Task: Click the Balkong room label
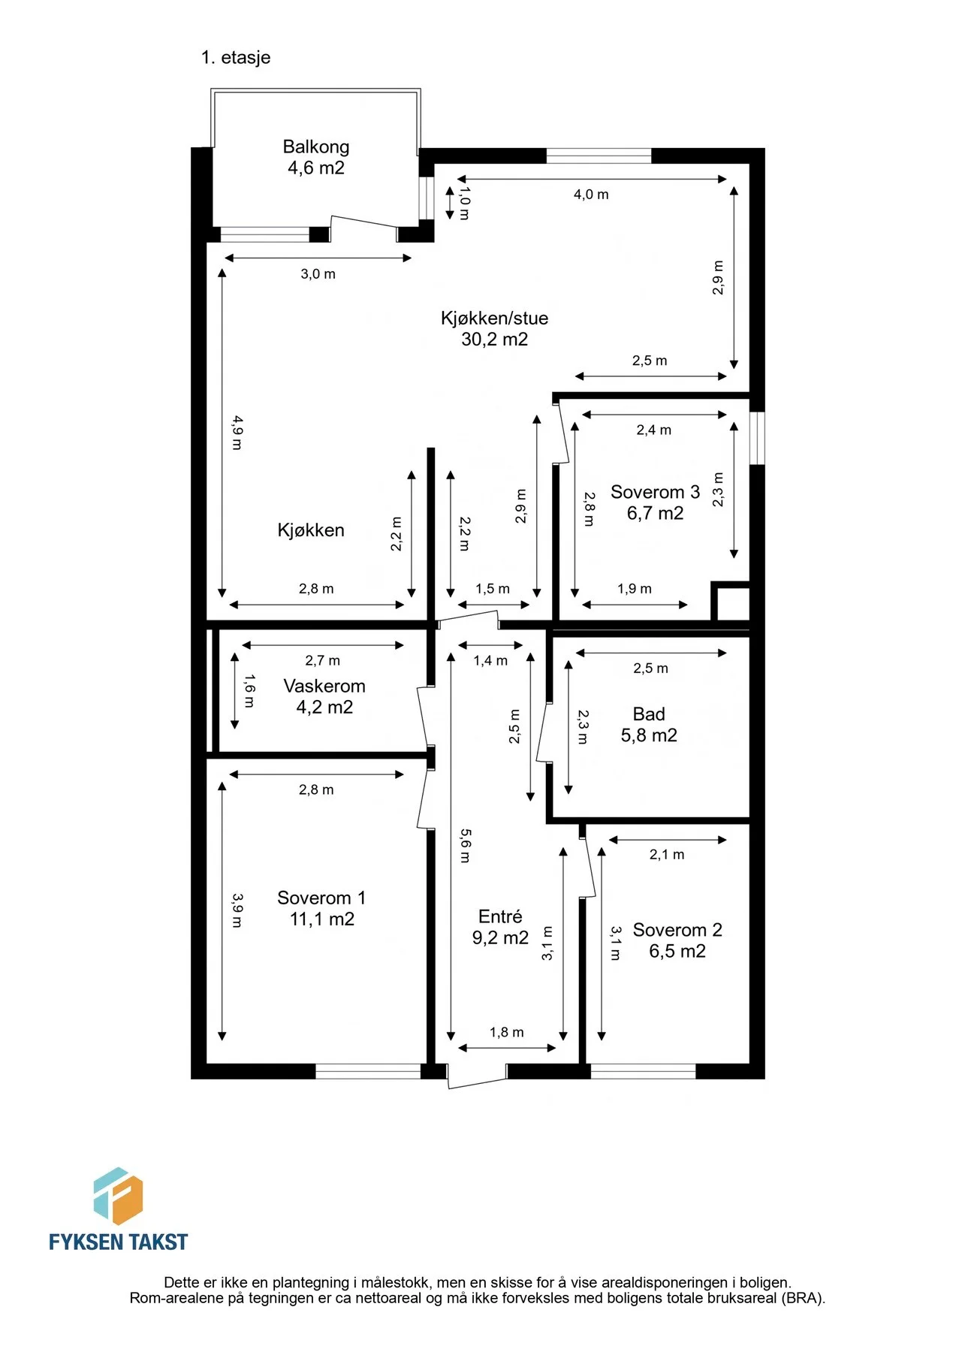tap(316, 146)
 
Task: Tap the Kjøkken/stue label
tap(494, 318)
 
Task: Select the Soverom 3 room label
tap(655, 492)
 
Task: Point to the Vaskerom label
tap(324, 686)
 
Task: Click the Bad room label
tap(649, 714)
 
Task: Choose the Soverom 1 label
tap(321, 898)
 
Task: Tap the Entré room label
tap(500, 916)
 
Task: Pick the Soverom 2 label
tap(677, 930)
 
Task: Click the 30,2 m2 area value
tap(494, 340)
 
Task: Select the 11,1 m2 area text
tap(321, 919)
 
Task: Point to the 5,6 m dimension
tap(466, 846)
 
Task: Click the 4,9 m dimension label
tap(237, 433)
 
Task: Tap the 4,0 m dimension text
tap(591, 195)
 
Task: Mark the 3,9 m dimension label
tap(237, 910)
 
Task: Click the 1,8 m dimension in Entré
tap(507, 1033)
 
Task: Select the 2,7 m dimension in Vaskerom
tap(322, 661)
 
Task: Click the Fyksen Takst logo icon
tap(118, 1196)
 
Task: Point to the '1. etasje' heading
tap(236, 58)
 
